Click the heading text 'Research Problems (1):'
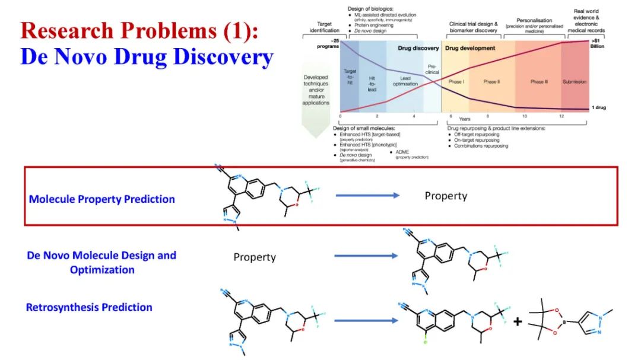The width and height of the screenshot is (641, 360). coord(139,30)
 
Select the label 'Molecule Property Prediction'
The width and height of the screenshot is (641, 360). coord(101,199)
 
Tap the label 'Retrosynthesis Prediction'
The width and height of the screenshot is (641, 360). coord(89,307)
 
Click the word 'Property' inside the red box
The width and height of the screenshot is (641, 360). coord(446,196)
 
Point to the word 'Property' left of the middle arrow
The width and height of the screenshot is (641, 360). coord(255,257)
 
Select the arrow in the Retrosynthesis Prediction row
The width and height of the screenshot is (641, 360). coord(366,321)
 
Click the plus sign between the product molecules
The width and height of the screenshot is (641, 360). coord(518,321)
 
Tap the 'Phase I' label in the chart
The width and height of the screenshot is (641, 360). coord(456,81)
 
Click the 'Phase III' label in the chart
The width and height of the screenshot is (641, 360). coord(539,81)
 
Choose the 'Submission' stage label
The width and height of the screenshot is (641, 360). coord(574,81)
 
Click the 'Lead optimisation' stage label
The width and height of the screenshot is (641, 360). coord(405,81)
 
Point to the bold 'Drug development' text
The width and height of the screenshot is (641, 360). coord(470,48)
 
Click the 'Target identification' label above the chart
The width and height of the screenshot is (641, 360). coord(325,27)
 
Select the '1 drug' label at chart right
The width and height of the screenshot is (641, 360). coord(598,107)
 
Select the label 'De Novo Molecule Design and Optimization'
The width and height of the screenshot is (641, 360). coord(101,263)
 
